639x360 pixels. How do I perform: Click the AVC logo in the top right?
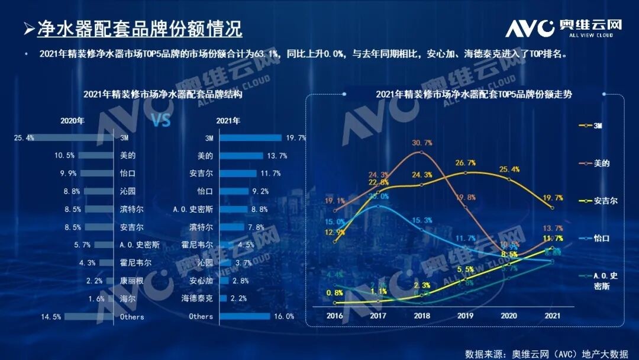pyautogui.click(x=563, y=27)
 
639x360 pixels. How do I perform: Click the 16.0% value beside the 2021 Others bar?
pyautogui.click(x=285, y=317)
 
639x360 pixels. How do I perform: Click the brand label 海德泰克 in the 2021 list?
pyautogui.click(x=197, y=299)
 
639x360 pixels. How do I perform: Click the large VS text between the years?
pyautogui.click(x=161, y=121)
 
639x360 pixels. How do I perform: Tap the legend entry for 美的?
pyautogui.click(x=601, y=163)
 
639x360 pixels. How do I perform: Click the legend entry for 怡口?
pyautogui.click(x=601, y=238)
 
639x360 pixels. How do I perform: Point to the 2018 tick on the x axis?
pyautogui.click(x=421, y=316)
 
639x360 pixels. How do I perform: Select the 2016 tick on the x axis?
pyautogui.click(x=335, y=316)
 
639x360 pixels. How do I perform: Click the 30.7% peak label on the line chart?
pyautogui.click(x=422, y=143)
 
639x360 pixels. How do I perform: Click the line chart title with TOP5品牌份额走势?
pyautogui.click(x=466, y=94)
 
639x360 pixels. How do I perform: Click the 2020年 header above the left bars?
pyautogui.click(x=72, y=121)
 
